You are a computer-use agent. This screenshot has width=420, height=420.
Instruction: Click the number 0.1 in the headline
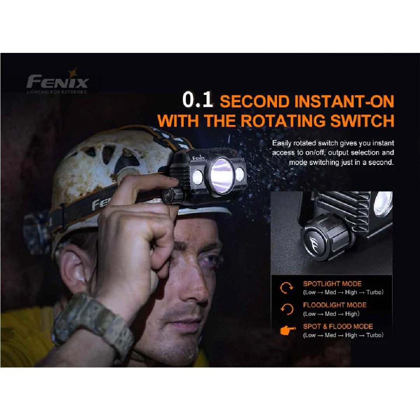[198, 100]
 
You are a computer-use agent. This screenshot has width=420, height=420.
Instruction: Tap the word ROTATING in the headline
[283, 121]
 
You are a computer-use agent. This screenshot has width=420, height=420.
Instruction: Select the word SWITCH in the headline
[362, 121]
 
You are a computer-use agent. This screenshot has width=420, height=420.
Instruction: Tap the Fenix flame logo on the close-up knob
[314, 244]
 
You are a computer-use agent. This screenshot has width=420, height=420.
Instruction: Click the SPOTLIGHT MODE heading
[332, 283]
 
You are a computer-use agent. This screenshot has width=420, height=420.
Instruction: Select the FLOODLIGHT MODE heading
[334, 305]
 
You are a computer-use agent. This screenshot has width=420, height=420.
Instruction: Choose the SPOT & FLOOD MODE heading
[338, 326]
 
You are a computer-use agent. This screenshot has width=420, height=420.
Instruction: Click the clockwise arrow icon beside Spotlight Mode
[287, 288]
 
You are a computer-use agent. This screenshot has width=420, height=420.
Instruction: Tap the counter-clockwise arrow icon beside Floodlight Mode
[287, 309]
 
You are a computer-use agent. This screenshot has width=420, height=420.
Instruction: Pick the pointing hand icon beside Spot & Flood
[288, 331]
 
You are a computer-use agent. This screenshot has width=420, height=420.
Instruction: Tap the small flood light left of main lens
[198, 177]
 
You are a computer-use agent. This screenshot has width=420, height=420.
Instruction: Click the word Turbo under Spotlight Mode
[374, 292]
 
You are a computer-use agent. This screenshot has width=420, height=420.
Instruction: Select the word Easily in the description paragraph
[282, 143]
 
